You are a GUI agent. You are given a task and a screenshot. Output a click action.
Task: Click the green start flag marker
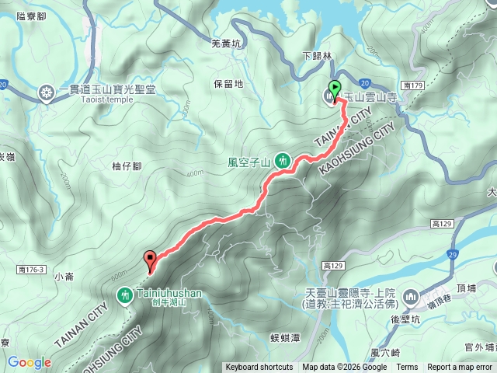pyautogui.click(x=335, y=88)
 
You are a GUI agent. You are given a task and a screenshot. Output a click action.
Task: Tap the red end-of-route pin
pyautogui.click(x=150, y=260)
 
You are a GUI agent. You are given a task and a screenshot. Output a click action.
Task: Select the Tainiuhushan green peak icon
pyautogui.click(x=124, y=295)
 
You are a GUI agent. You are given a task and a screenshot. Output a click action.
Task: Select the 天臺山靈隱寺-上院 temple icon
pyautogui.click(x=411, y=296)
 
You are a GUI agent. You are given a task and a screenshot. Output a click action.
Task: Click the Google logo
pyautogui.click(x=29, y=362)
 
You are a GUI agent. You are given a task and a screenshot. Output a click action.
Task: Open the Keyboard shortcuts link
pyautogui.click(x=259, y=368)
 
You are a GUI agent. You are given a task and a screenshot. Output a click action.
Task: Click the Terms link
pyautogui.click(x=407, y=368)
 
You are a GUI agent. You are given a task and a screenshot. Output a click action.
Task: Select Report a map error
pyautogui.click(x=461, y=368)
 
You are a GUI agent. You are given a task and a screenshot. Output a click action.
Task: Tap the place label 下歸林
pyautogui.click(x=317, y=56)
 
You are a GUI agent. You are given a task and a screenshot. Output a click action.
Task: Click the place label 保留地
pyautogui.click(x=228, y=83)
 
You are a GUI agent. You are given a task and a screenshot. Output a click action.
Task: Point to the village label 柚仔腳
pyautogui.click(x=126, y=166)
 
